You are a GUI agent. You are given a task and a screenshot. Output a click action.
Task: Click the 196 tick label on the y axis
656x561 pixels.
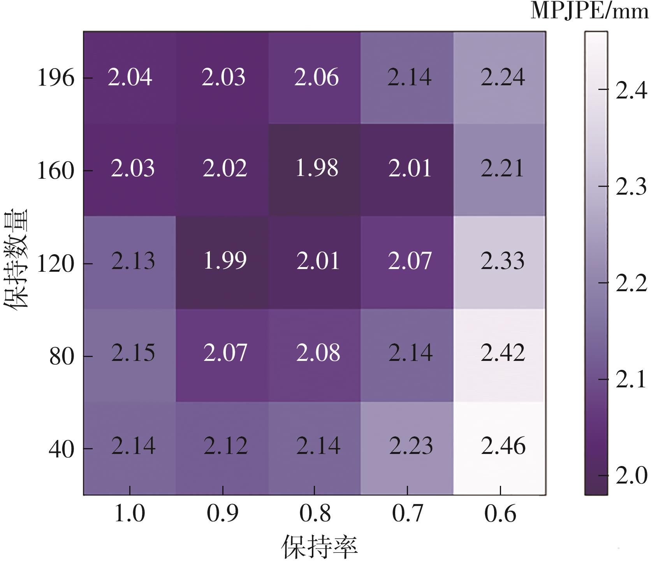(55, 78)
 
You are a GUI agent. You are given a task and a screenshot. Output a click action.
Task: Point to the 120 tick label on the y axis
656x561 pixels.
(55, 264)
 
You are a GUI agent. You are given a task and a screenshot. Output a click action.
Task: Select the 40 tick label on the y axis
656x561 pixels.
(61, 449)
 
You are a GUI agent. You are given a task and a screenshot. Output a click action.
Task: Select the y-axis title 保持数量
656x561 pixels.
(16, 259)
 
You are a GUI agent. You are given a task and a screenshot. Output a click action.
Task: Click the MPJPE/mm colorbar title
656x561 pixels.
(589, 11)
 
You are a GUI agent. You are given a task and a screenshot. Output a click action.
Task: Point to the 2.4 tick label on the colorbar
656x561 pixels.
(631, 91)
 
